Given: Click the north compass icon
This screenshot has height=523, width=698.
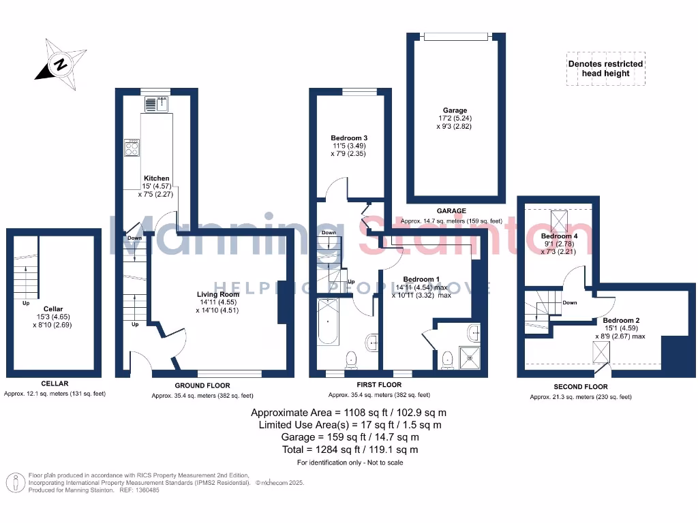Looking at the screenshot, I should pyautogui.click(x=61, y=66).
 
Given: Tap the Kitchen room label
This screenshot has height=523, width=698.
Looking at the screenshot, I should pyautogui.click(x=156, y=178).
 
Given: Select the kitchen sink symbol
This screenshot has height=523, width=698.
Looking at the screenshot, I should pyautogui.click(x=156, y=104).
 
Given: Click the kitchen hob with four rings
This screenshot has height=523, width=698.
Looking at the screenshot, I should pyautogui.click(x=132, y=148).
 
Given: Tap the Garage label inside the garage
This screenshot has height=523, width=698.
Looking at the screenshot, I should pyautogui.click(x=455, y=110).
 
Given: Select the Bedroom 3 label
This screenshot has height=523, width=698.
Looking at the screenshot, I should pyautogui.click(x=349, y=138).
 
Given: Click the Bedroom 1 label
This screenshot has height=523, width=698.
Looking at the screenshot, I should pyautogui.click(x=421, y=279).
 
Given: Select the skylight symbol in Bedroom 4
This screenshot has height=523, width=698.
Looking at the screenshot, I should pyautogui.click(x=559, y=220).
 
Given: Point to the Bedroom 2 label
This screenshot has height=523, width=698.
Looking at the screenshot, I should pyautogui.click(x=621, y=320).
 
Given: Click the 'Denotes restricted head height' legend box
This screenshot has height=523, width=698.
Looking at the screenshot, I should pyautogui.click(x=605, y=69).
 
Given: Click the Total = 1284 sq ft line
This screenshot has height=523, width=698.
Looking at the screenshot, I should pyautogui.click(x=350, y=449).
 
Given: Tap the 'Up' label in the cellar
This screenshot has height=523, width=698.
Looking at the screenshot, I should pyautogui.click(x=26, y=303).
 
